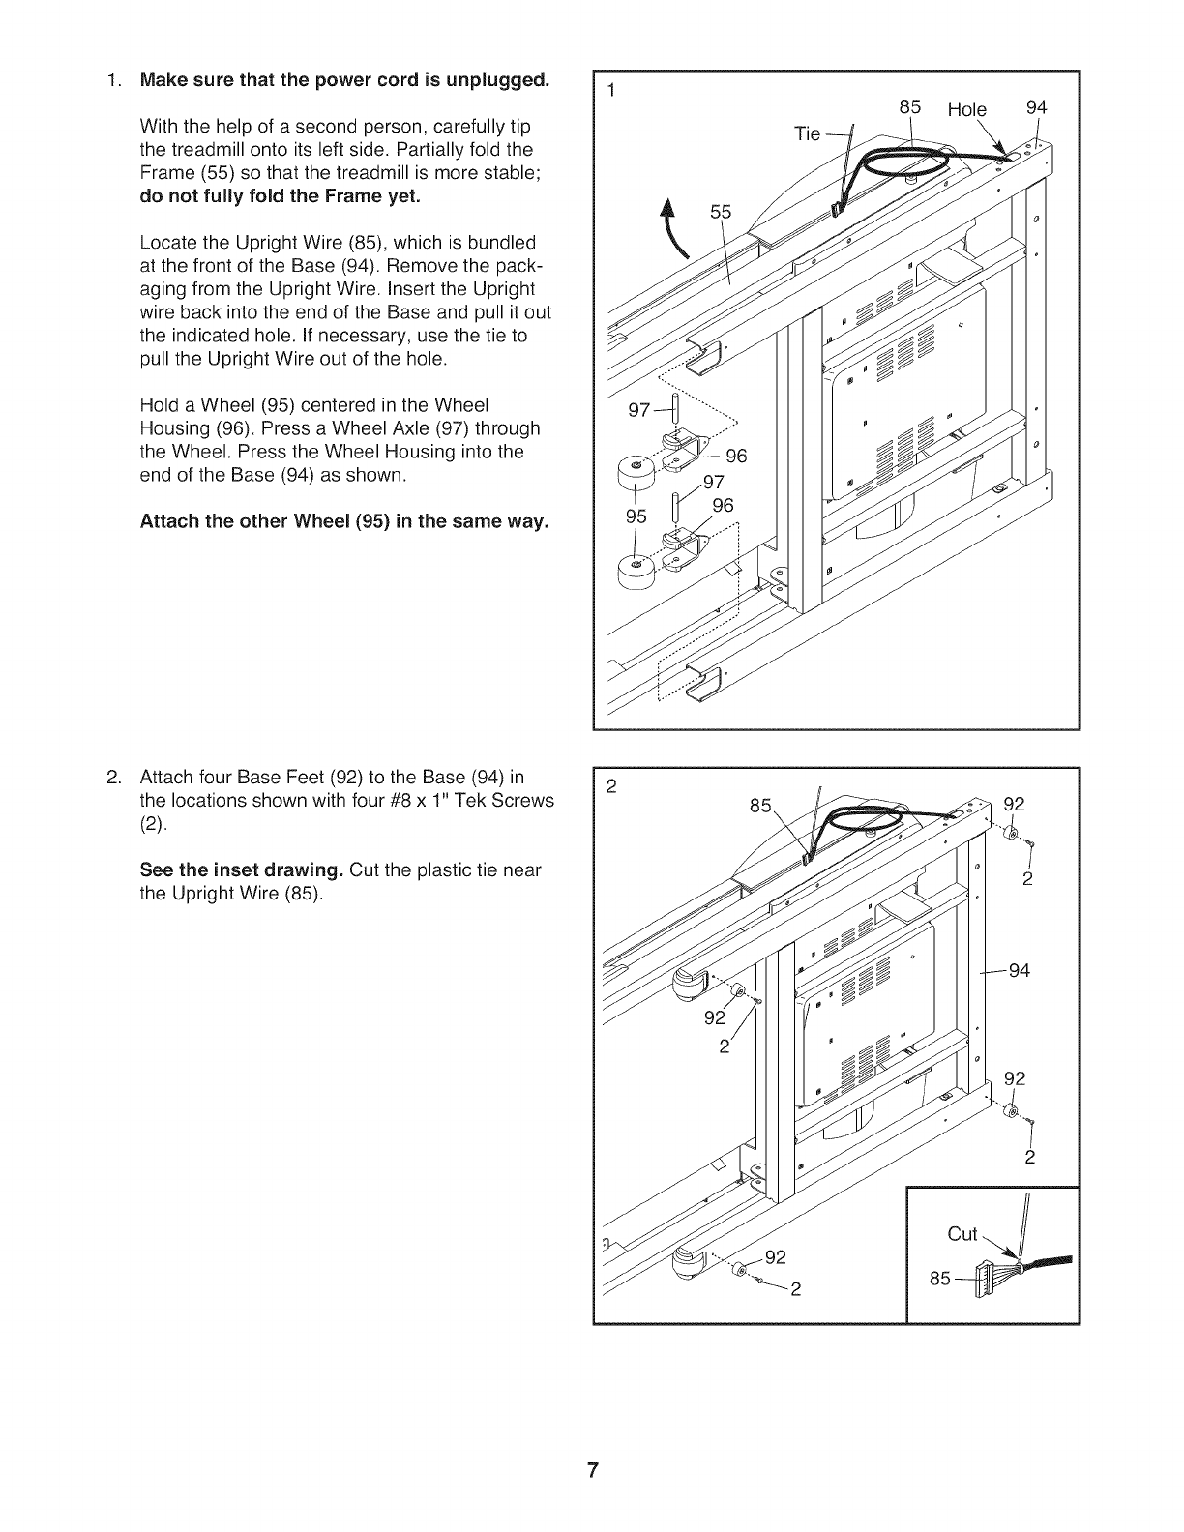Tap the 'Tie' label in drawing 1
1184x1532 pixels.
click(807, 133)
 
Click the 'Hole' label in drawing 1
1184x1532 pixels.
click(966, 110)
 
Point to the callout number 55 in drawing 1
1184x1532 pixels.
click(722, 213)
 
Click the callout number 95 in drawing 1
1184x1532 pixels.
click(635, 516)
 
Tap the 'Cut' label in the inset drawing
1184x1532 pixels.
click(962, 1233)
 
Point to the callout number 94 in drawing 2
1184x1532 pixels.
click(1019, 970)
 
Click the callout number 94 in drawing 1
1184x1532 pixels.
click(1036, 107)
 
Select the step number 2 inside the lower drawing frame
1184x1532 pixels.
click(610, 785)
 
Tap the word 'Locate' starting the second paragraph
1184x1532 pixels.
click(169, 242)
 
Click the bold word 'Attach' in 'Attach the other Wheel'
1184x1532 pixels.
click(169, 522)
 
